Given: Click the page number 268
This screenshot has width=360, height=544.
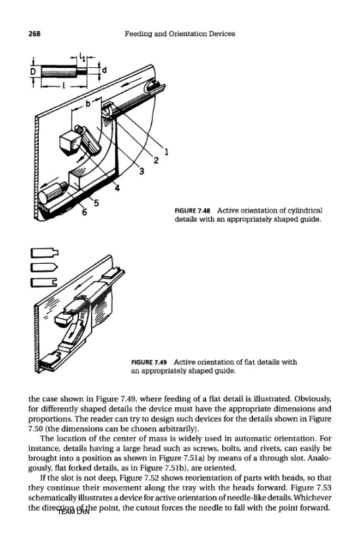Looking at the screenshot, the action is point(35,33).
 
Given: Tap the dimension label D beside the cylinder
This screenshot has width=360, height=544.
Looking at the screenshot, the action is point(33,71).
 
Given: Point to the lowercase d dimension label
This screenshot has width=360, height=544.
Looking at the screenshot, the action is point(103,70).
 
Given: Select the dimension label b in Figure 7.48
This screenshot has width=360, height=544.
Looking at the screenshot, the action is point(88,103).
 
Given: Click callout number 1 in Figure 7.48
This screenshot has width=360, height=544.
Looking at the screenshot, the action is point(167,152).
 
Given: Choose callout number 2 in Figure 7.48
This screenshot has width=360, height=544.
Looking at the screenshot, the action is point(156,160).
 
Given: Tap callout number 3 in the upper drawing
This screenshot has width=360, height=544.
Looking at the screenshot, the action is point(142,171).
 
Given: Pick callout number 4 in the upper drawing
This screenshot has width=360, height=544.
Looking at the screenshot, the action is point(117,188).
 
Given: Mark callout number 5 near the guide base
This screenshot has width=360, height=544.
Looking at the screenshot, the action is point(96,203).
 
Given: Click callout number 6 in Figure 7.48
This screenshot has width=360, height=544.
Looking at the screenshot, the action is point(84,212).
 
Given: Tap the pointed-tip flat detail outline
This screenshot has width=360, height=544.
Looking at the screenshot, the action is point(44,268).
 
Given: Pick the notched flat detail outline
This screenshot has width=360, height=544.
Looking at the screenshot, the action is point(44,282).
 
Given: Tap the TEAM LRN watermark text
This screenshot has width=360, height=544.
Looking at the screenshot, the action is point(73,512).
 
